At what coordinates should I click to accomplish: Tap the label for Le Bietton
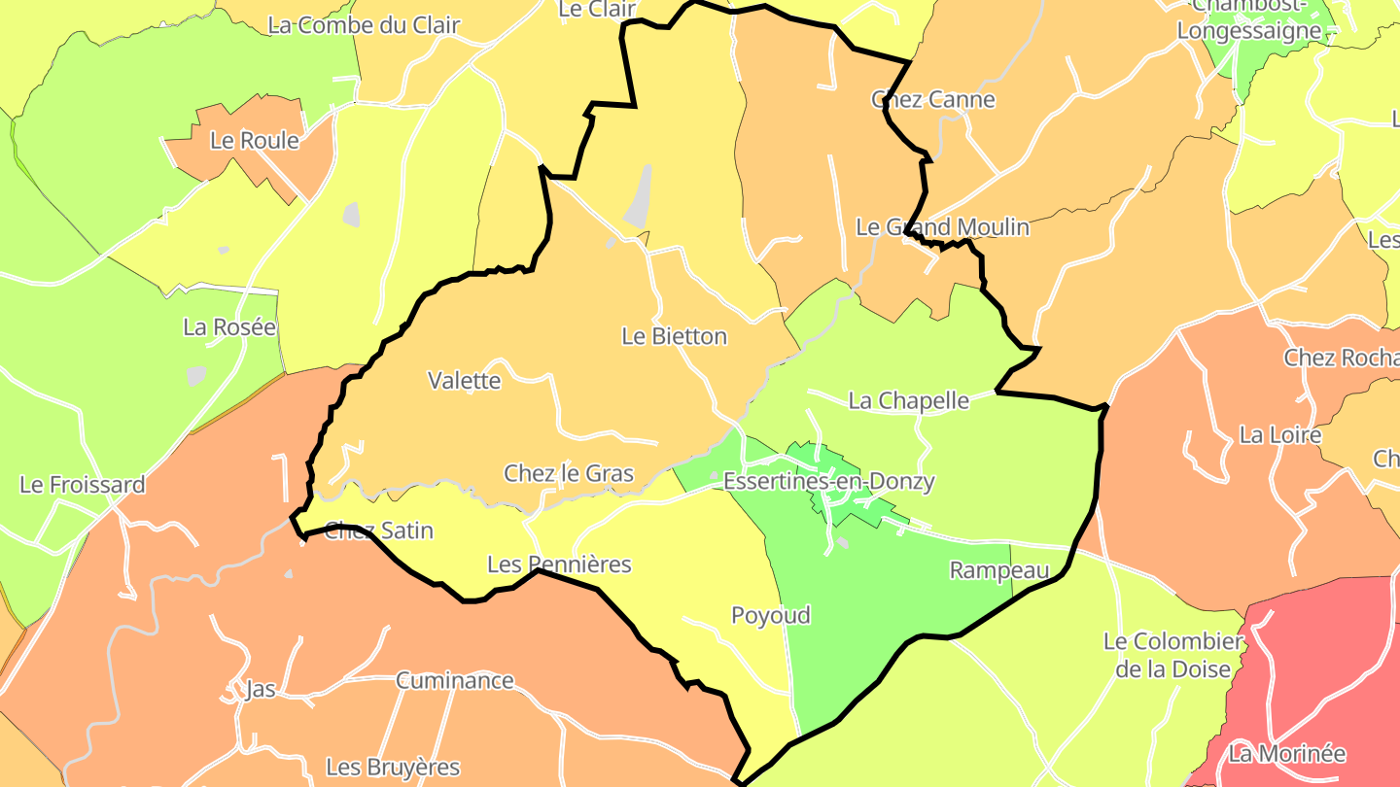674,336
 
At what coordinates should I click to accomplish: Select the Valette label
465,380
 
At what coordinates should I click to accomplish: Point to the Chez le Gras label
569,473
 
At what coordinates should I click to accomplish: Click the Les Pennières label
559,564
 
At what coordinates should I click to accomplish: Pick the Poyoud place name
770,615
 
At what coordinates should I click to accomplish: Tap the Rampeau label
999,570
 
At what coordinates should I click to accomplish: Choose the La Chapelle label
909,400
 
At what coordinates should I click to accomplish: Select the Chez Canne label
933,99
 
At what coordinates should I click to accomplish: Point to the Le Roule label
255,140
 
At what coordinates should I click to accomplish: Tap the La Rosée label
229,326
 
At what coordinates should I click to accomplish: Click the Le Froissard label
83,484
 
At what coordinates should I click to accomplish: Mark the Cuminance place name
454,680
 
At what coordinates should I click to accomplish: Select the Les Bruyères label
393,767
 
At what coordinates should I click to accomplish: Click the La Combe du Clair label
364,25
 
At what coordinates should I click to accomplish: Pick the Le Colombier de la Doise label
1173,655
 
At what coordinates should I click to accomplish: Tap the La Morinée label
1287,753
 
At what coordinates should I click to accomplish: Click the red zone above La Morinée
1332,661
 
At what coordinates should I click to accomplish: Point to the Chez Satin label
379,530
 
